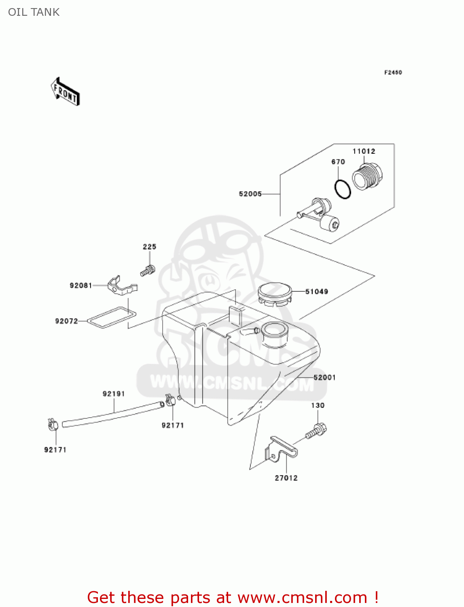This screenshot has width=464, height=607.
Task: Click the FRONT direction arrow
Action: pos(65,92)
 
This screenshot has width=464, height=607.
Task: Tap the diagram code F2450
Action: pos(393,72)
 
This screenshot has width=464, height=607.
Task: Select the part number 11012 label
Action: pos(364,151)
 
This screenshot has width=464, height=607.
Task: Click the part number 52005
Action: pos(250,194)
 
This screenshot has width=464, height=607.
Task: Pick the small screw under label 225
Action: pos(148,271)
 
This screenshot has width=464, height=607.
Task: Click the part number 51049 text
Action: pos(316,292)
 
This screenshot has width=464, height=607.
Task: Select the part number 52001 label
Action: pos(324,378)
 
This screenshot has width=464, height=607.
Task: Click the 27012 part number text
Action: pos(286,478)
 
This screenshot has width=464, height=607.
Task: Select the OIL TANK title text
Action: pos(34,12)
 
